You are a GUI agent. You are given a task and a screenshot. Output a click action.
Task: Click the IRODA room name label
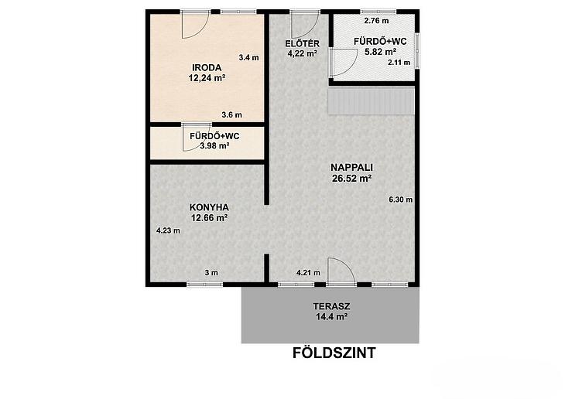click(207, 67)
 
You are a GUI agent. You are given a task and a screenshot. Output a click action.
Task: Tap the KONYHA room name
click(209, 207)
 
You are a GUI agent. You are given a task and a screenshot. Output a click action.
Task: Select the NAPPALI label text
click(351, 168)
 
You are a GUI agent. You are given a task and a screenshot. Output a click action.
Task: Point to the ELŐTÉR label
click(302, 43)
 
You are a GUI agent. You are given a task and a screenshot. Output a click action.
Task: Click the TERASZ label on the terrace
click(331, 306)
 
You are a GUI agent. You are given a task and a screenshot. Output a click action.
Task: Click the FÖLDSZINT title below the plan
click(334, 353)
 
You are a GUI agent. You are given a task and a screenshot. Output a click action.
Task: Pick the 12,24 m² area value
click(207, 77)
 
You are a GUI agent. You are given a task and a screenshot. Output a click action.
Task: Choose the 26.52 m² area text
click(351, 178)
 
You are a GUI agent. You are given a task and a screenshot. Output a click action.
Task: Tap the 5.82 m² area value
click(380, 52)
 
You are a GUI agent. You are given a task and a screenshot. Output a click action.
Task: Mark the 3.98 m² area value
click(214, 146)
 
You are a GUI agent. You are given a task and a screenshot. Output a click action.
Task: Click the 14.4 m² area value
click(331, 316)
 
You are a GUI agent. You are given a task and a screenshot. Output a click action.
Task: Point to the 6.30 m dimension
click(401, 199)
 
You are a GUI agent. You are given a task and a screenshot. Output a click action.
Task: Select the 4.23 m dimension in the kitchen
click(168, 230)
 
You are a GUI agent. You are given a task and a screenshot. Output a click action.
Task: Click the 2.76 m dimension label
click(377, 21)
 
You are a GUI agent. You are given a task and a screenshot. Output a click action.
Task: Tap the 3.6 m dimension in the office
click(231, 115)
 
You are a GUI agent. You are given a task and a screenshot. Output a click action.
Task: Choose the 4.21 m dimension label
click(308, 273)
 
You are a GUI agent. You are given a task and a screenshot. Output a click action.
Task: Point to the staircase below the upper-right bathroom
click(371, 101)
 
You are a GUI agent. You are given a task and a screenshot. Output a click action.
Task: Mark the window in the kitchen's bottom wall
click(204, 285)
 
